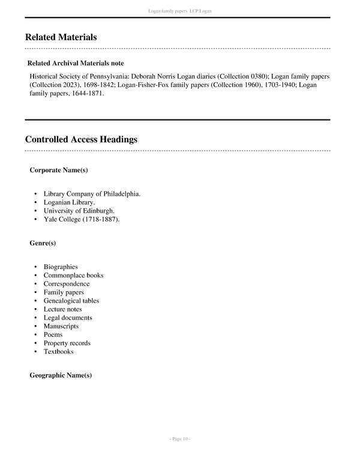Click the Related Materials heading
61,37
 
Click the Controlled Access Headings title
81,139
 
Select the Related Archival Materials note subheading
76,63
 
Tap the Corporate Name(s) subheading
59,170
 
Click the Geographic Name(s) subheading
61,375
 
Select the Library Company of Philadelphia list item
92,194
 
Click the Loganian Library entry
69,202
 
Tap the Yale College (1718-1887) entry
82,219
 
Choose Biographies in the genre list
61,267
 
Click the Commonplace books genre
73,275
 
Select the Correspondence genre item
67,283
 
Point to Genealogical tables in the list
71,300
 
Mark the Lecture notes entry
62,309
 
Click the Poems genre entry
53,334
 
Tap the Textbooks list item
58,351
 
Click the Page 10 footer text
180,439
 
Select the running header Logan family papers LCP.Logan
180,11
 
